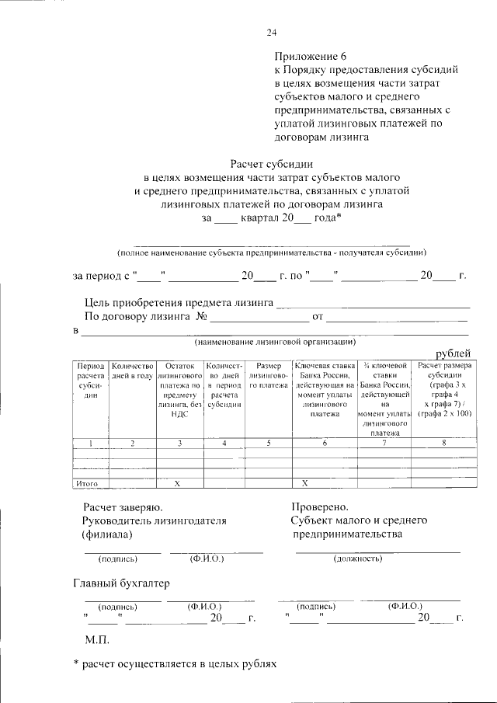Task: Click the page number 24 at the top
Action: pyautogui.click(x=271, y=32)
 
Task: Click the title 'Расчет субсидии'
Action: pyautogui.click(x=271, y=164)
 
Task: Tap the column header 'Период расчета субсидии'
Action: pyautogui.click(x=90, y=380)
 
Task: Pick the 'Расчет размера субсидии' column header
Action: pyautogui.click(x=443, y=390)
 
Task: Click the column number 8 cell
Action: pyautogui.click(x=443, y=443)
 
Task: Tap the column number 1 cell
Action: pyautogui.click(x=90, y=443)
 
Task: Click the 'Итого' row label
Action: pyautogui.click(x=86, y=483)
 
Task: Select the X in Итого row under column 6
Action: pyautogui.click(x=305, y=483)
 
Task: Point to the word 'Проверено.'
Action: pyautogui.click(x=320, y=506)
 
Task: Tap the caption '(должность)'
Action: pyautogui.click(x=357, y=558)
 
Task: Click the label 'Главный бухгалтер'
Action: pyautogui.click(x=121, y=583)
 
